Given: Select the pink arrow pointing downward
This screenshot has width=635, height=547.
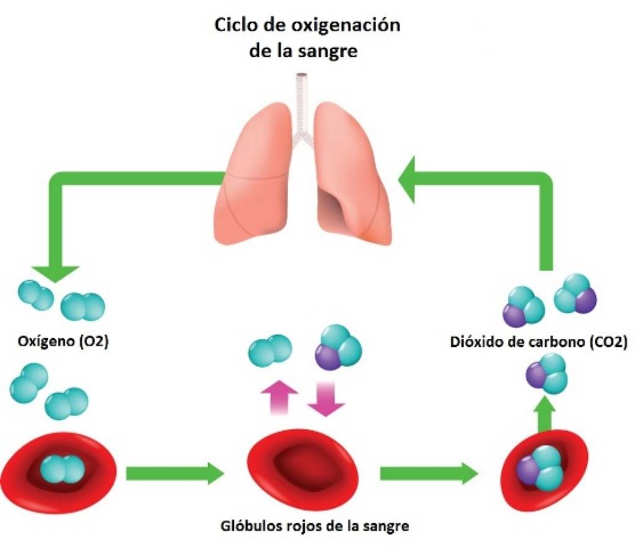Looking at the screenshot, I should [x=326, y=398].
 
